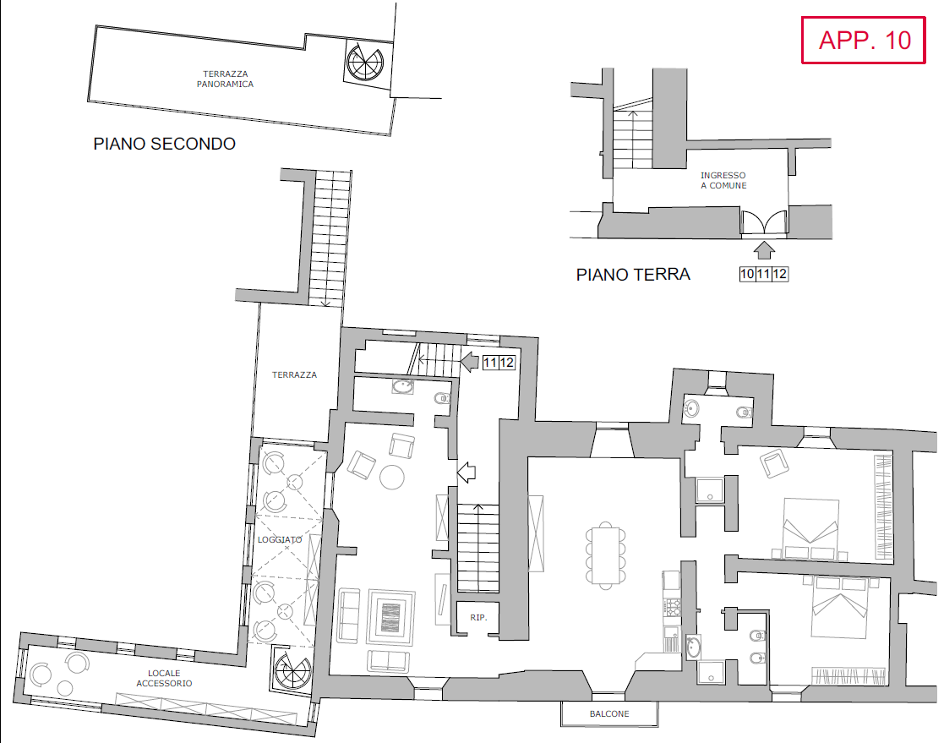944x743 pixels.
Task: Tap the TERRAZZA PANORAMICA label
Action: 225,79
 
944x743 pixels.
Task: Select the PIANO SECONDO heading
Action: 164,145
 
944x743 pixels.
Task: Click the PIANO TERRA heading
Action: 633,275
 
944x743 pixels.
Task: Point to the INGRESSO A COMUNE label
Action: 723,180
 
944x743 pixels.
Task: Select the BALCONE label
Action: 609,714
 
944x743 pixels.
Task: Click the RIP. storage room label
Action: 479,618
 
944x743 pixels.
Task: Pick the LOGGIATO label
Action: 280,539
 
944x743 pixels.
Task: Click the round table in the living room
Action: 392,478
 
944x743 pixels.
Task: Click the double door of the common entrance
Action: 764,222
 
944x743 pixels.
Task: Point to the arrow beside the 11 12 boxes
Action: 469,363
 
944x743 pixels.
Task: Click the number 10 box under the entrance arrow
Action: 747,274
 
